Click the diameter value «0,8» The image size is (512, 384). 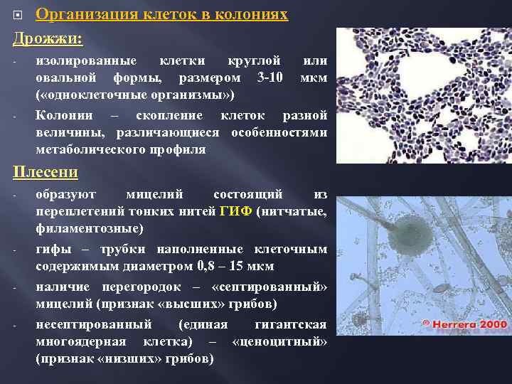[205, 267]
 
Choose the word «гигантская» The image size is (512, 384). [290, 325]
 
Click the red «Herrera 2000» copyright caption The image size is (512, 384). [465, 324]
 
